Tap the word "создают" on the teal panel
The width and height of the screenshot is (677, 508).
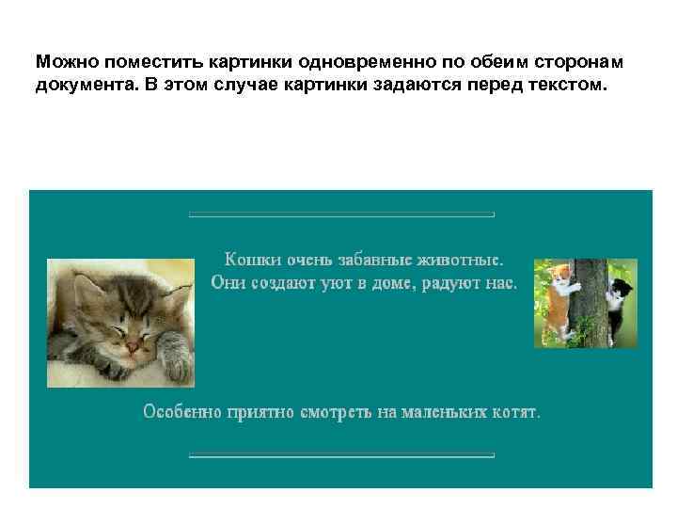[x=280, y=282]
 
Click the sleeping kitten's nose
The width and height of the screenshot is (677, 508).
[x=134, y=347]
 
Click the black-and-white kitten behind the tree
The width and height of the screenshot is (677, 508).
[x=620, y=299]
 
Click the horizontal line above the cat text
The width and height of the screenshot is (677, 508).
[x=341, y=215]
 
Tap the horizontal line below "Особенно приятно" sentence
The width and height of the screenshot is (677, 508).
[x=341, y=456]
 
